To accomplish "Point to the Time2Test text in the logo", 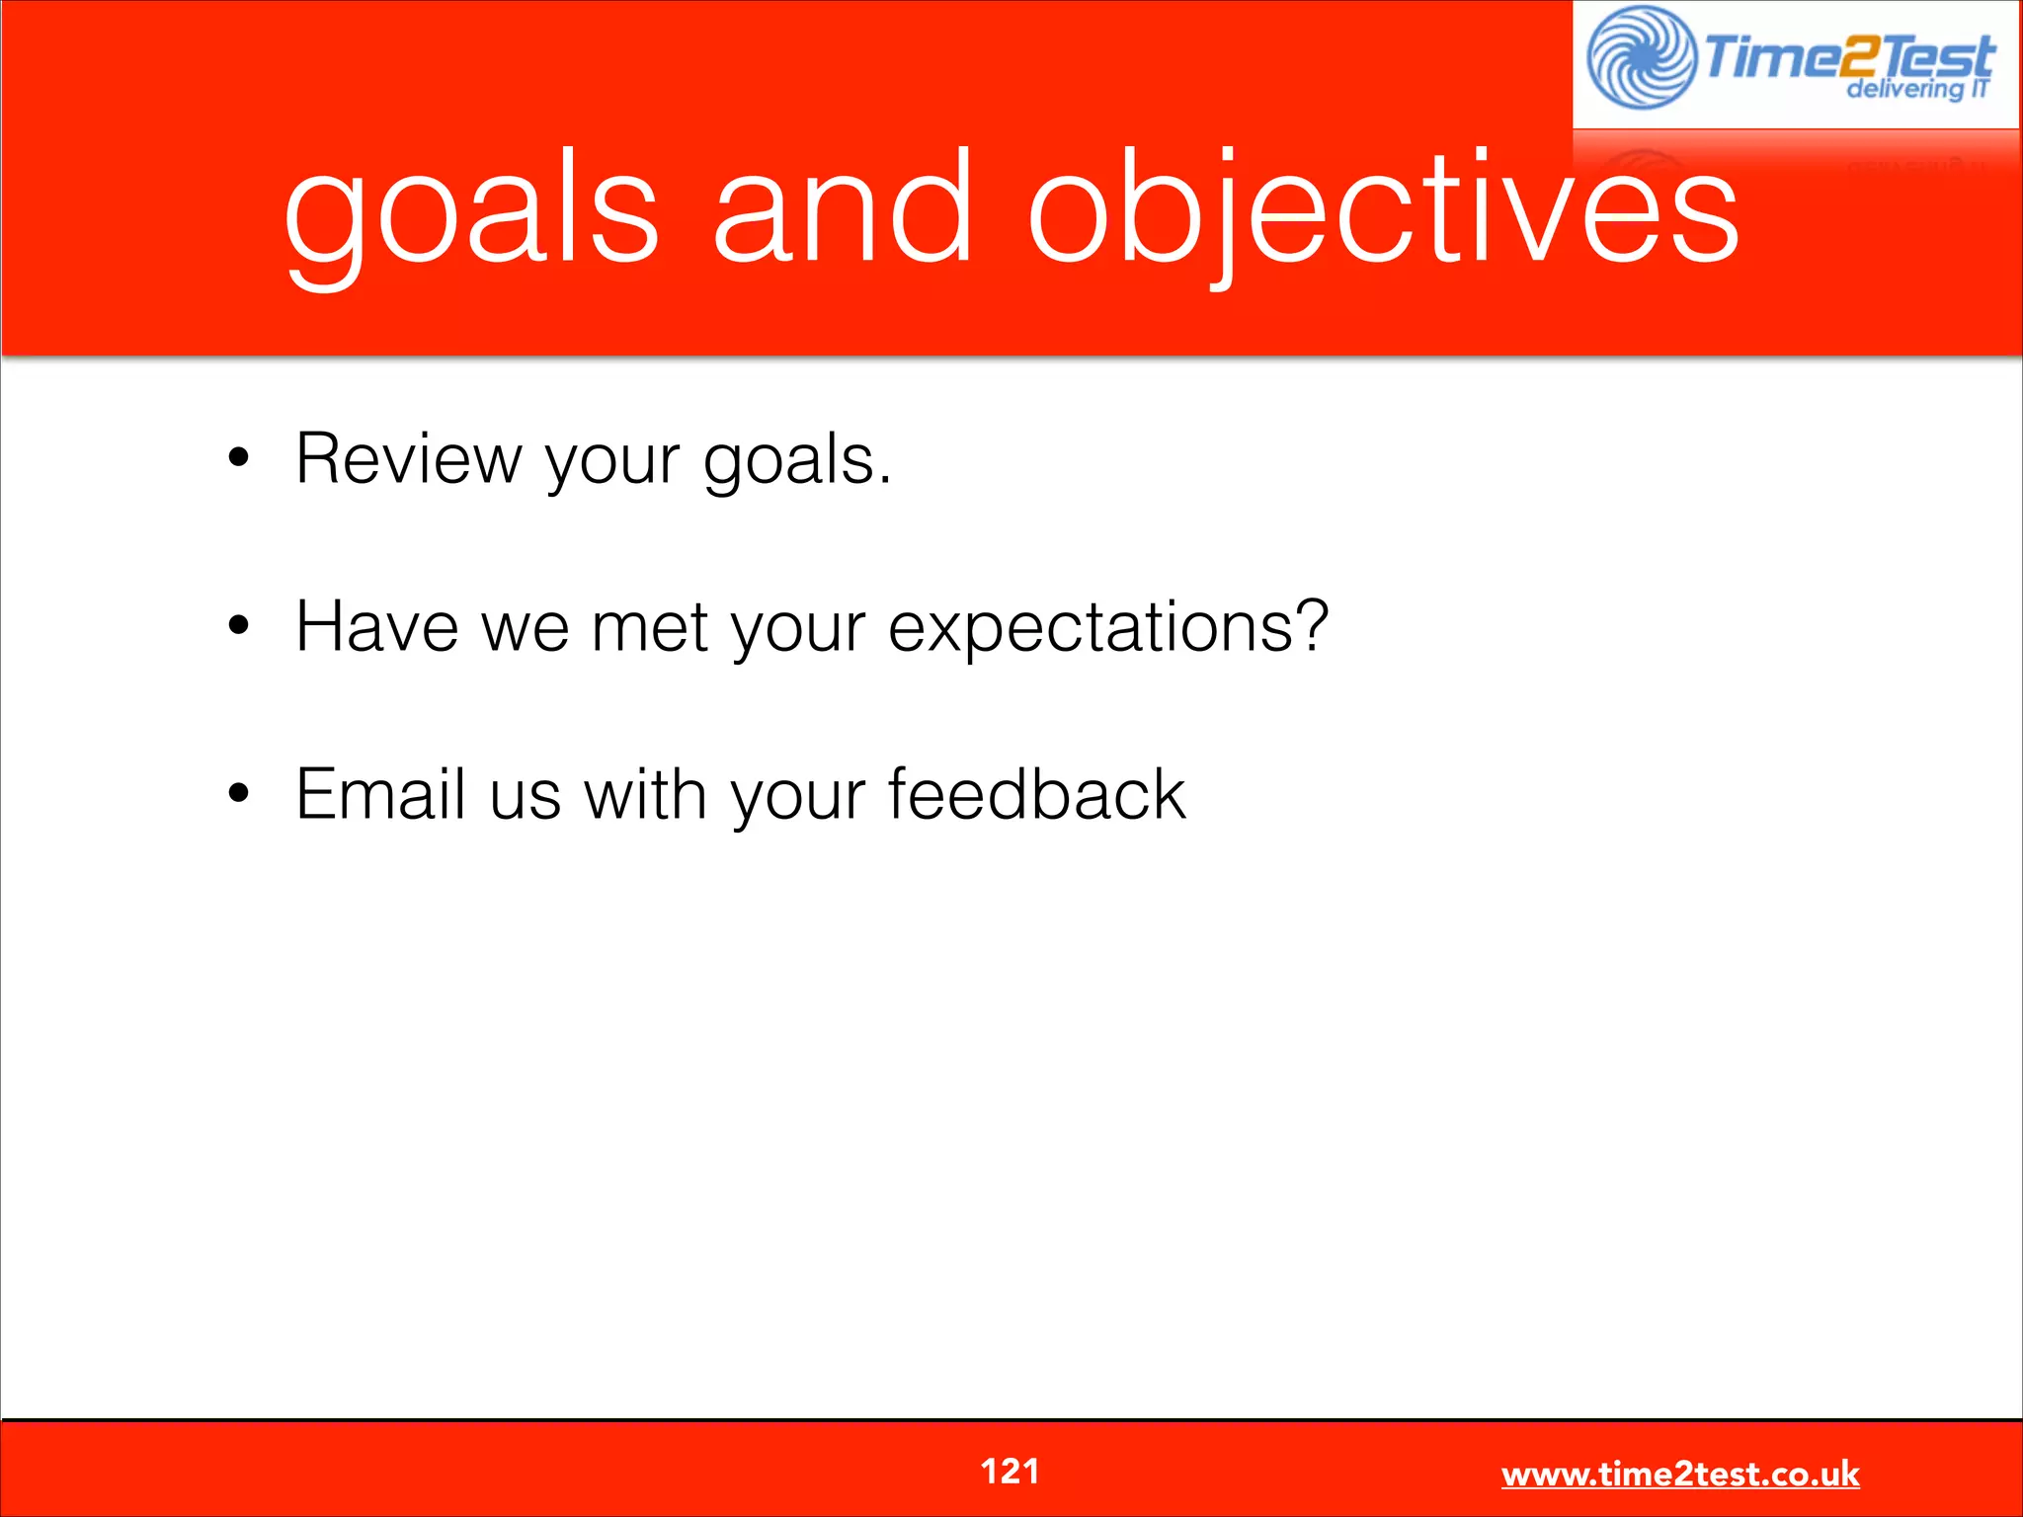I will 1847,55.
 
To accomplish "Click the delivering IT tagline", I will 1916,90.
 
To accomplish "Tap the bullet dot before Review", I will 238,458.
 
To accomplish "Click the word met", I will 650,628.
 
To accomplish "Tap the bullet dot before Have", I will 238,625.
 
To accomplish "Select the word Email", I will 380,794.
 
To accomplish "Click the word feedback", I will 1036,794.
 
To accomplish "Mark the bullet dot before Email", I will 238,792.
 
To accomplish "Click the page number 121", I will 1010,1472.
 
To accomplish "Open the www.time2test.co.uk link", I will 1679,1475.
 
